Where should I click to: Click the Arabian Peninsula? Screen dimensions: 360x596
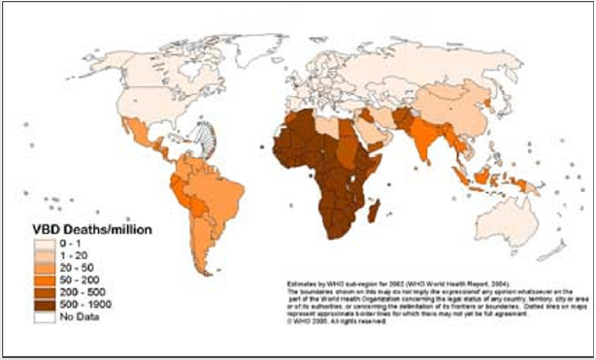click(x=372, y=132)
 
